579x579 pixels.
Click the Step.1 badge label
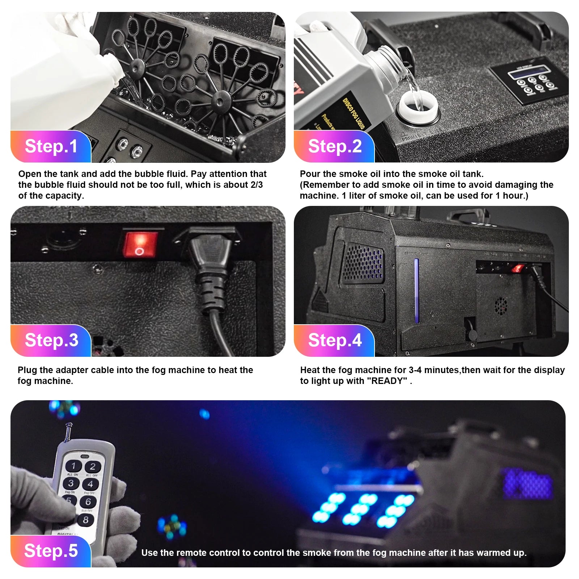coord(51,147)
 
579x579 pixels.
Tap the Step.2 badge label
coord(335,147)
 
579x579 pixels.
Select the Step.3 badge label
coord(51,341)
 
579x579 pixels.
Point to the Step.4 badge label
coord(335,341)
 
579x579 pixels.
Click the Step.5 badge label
coord(51,551)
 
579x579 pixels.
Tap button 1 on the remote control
coord(73,466)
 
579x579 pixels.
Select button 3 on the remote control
coord(71,483)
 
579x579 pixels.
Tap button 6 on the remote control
coord(88,502)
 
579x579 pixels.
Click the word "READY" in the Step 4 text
coord(387,381)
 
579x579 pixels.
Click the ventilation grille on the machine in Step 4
coord(363,263)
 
